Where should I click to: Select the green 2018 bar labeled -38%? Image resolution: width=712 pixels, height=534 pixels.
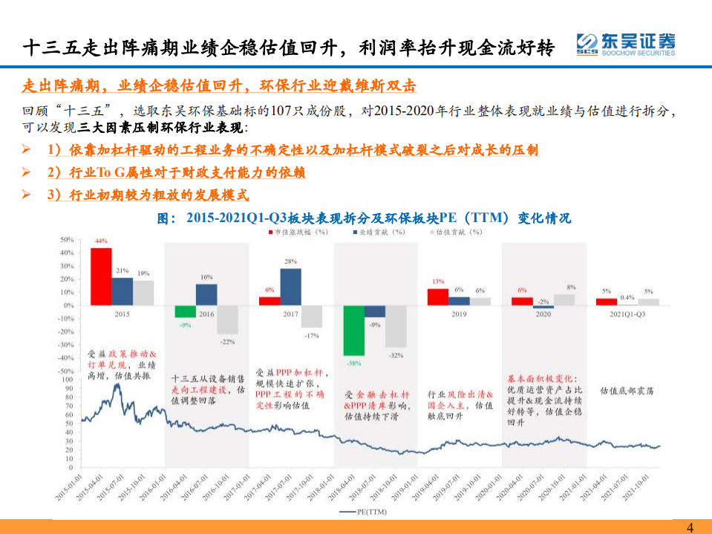[354, 331]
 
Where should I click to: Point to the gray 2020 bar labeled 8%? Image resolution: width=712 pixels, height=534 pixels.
[564, 300]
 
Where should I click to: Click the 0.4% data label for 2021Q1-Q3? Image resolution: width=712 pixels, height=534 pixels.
[627, 297]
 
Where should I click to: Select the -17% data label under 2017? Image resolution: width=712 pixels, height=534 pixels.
[312, 335]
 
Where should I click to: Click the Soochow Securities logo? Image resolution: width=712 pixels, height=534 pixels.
[625, 45]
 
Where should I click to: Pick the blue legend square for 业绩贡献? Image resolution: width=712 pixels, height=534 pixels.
[356, 232]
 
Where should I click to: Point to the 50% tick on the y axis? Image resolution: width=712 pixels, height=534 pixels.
[66, 240]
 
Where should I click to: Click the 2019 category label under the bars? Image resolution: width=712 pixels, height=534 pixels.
[459, 314]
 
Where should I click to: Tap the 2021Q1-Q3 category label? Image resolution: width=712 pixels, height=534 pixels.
[628, 314]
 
